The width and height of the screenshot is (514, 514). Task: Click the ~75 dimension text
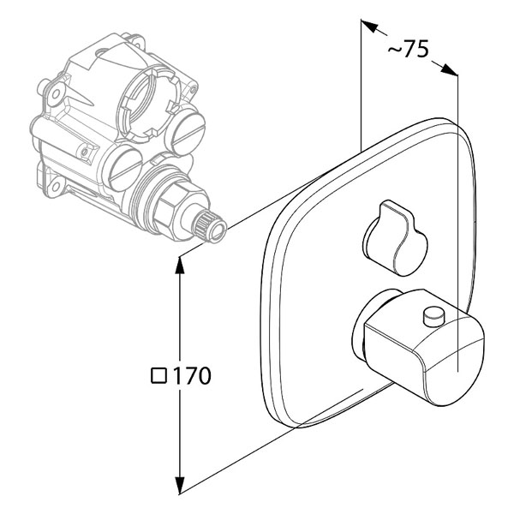(408, 49)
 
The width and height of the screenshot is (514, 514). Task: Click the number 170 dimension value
(191, 376)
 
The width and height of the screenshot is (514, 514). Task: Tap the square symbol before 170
(159, 376)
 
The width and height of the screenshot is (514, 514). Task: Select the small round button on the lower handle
(434, 315)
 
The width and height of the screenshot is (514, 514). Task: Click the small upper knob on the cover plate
(395, 238)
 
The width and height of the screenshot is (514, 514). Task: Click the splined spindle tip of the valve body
(210, 226)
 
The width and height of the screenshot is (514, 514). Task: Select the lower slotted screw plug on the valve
(126, 169)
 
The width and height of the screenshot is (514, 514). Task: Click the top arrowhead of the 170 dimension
(179, 265)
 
